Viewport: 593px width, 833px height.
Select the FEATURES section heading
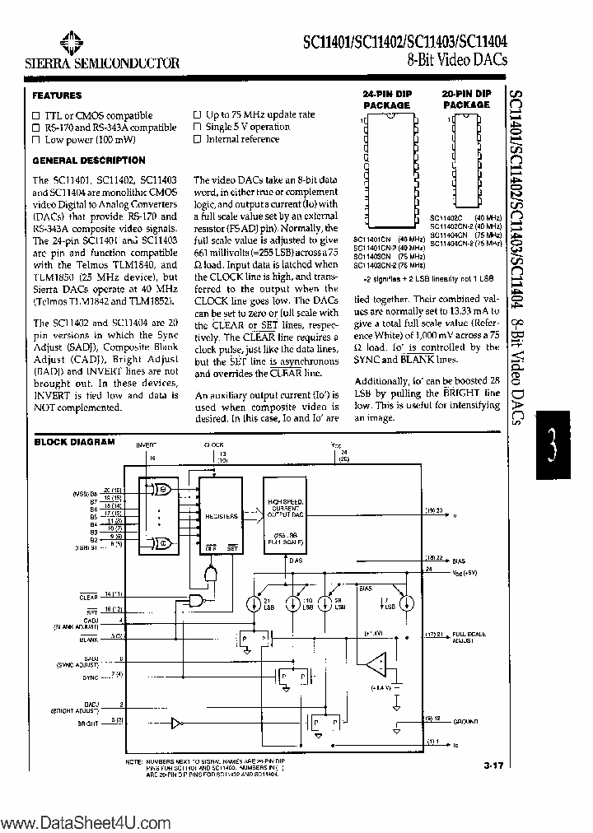tap(57, 95)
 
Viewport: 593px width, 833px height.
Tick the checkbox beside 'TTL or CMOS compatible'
tap(36, 116)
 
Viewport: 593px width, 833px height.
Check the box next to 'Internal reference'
tap(197, 139)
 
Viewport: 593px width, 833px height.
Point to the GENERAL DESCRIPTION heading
tap(89, 161)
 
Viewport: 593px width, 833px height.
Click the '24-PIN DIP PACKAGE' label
tap(386, 100)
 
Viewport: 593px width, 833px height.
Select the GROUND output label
tap(465, 721)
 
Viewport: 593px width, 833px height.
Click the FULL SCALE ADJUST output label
tap(469, 637)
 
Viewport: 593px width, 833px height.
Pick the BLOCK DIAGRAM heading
tap(74, 442)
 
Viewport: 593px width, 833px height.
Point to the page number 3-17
tap(493, 766)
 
